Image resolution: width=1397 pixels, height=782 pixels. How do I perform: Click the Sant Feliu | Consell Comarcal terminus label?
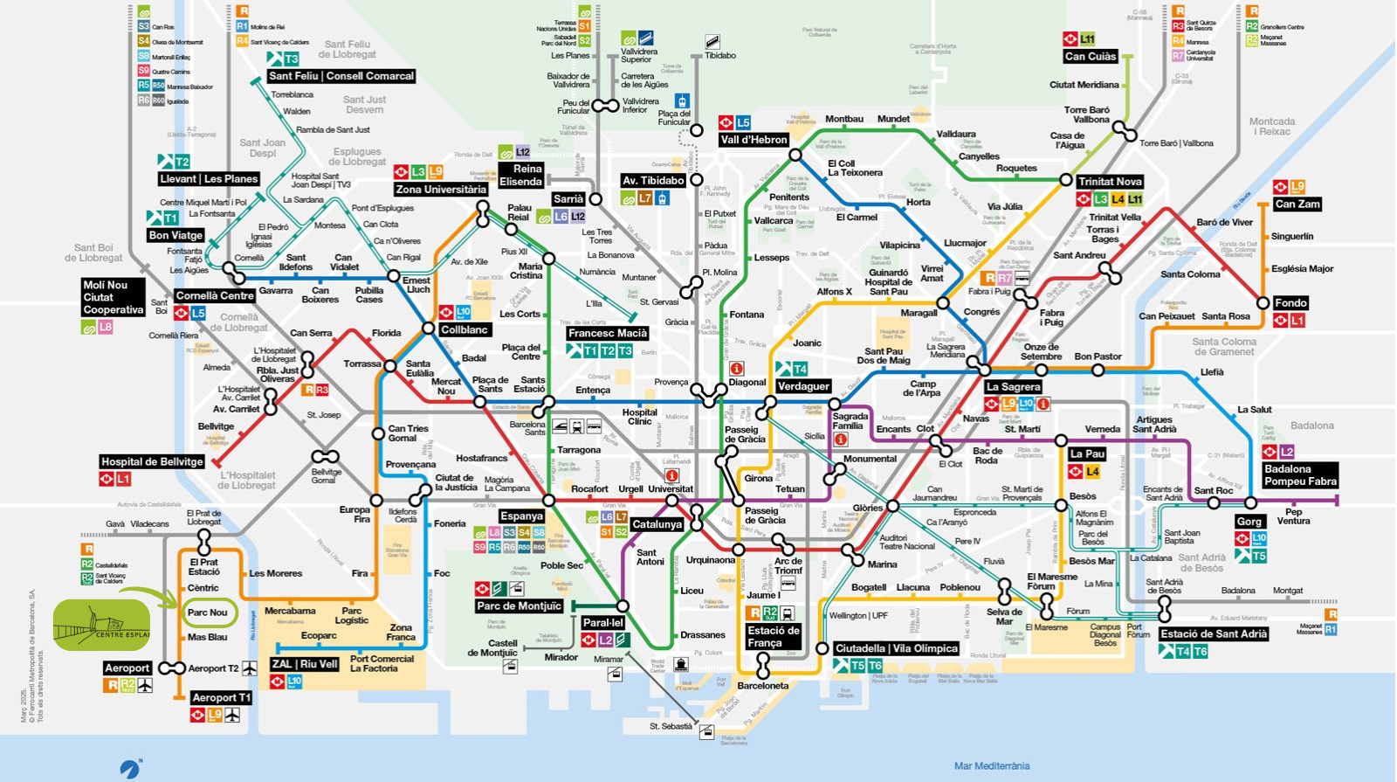[341, 76]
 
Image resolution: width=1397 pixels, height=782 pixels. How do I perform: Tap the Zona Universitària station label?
[441, 190]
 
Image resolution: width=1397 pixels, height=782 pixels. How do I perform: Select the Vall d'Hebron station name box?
[754, 140]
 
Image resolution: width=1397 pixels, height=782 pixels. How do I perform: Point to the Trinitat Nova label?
[1110, 182]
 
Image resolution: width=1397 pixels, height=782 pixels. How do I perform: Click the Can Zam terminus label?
[1297, 204]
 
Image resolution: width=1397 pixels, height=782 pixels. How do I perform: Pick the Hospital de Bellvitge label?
[152, 462]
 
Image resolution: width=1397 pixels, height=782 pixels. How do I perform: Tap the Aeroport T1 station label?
[221, 697]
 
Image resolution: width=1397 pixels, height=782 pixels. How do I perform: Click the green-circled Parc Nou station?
[208, 612]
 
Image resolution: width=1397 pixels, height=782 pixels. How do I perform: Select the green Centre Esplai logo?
[102, 626]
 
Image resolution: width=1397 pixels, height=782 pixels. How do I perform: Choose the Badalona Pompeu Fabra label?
[1300, 475]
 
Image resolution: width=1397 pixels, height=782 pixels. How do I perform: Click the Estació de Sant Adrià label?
[1214, 634]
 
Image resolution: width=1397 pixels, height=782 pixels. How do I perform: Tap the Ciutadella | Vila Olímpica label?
[897, 648]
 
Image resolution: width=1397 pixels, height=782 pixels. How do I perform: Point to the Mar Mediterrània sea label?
[992, 766]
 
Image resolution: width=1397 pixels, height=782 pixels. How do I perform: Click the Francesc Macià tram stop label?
[608, 333]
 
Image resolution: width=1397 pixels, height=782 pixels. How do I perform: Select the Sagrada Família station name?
[850, 421]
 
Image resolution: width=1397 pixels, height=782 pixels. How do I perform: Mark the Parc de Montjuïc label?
[519, 606]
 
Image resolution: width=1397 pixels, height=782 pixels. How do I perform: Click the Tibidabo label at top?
[720, 55]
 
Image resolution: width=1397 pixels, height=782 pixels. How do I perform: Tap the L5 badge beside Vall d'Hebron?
[743, 123]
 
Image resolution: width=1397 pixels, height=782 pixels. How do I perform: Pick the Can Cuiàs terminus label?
[1090, 56]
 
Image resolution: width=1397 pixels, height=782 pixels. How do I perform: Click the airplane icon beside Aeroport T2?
[250, 668]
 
